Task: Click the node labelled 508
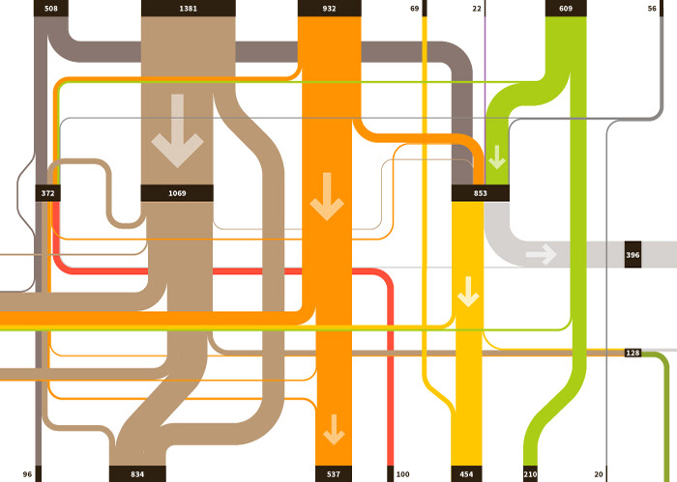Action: (50, 9)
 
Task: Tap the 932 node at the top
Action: (330, 9)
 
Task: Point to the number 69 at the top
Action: (414, 9)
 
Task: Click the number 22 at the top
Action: (477, 9)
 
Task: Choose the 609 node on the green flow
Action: (566, 9)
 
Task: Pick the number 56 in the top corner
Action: (652, 9)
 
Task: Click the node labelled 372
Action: (48, 193)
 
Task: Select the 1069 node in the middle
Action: (177, 193)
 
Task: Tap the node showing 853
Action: (481, 193)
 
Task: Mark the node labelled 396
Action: (633, 255)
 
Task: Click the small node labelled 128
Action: (633, 353)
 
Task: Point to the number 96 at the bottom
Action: (27, 474)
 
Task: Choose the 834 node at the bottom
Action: (137, 474)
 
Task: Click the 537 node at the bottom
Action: (334, 474)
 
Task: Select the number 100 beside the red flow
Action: (402, 474)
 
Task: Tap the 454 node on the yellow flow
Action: (466, 474)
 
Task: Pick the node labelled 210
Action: (530, 474)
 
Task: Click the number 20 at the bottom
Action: (599, 474)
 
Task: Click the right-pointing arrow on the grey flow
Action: (541, 255)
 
